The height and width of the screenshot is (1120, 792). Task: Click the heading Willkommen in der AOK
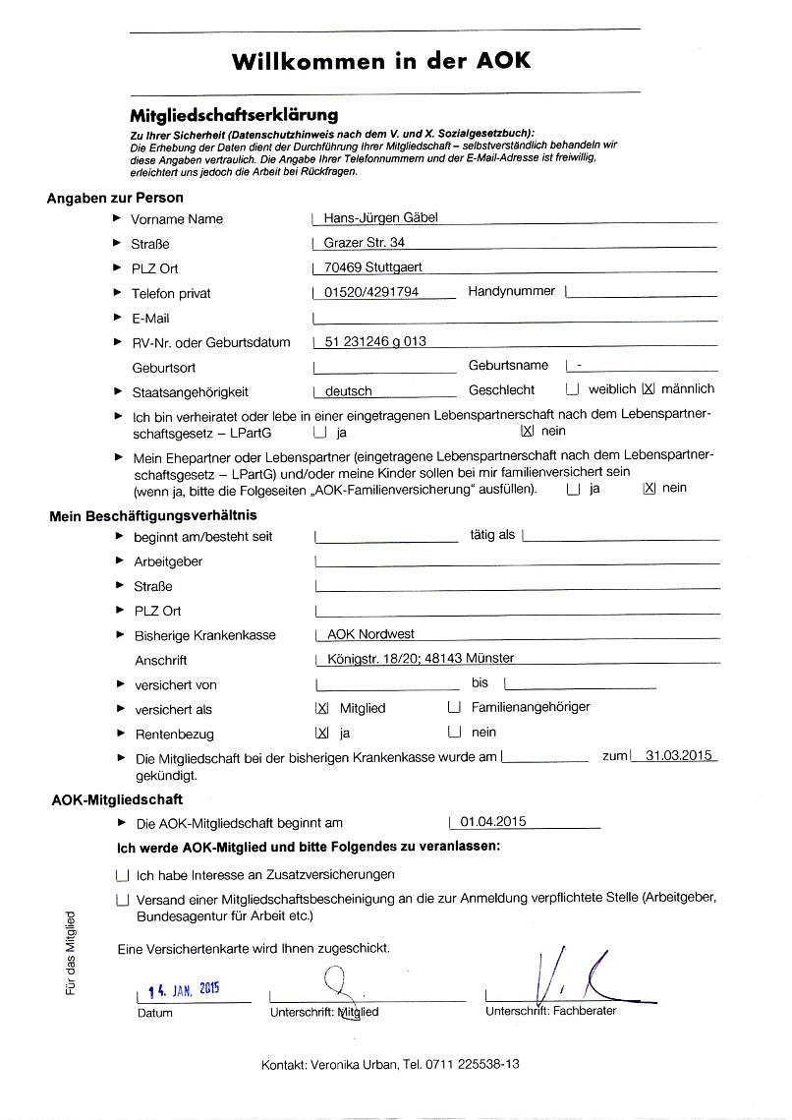tap(381, 61)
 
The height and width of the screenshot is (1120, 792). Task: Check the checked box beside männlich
tap(648, 389)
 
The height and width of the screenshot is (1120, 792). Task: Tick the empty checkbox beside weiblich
tap(573, 389)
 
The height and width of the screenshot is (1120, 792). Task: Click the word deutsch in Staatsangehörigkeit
tap(349, 391)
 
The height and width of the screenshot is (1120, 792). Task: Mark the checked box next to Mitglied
tap(321, 708)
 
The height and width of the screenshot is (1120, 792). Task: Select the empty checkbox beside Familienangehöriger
tap(454, 707)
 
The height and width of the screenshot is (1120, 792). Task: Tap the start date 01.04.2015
tap(493, 822)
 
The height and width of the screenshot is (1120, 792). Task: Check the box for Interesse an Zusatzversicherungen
tap(122, 874)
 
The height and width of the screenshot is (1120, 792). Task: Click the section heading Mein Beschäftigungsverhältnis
tap(153, 514)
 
